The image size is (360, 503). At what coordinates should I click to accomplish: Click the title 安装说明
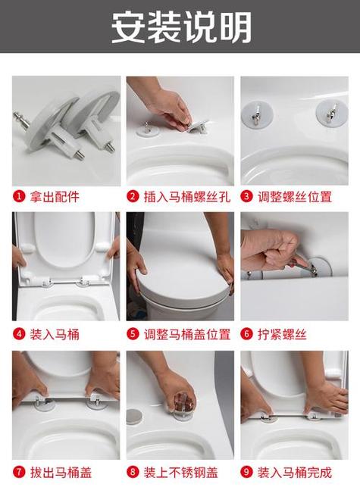(x=181, y=27)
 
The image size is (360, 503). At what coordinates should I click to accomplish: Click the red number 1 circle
(x=19, y=196)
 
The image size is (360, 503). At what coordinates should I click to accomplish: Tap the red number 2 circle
(x=133, y=196)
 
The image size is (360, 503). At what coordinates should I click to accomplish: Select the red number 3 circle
(x=247, y=196)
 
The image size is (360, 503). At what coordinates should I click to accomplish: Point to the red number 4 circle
(x=19, y=334)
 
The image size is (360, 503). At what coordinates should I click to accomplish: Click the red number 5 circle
(x=133, y=334)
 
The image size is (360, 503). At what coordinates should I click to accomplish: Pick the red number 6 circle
(x=247, y=334)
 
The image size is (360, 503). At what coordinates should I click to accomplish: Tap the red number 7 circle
(x=19, y=472)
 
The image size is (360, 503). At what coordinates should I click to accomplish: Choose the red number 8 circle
(x=133, y=472)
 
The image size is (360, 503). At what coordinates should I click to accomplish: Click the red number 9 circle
(x=247, y=472)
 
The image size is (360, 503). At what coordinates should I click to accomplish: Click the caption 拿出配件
(x=55, y=197)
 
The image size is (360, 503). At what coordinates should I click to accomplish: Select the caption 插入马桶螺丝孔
(x=187, y=197)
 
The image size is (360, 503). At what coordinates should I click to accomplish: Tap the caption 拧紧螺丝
(x=282, y=335)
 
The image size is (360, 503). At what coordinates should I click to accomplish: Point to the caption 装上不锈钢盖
(x=180, y=472)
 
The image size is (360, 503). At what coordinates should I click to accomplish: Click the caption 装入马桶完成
(x=295, y=472)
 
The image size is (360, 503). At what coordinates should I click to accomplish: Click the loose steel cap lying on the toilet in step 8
(x=134, y=417)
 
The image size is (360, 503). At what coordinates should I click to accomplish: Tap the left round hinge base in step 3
(x=257, y=114)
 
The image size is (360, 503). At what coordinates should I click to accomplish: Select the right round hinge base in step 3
(x=331, y=113)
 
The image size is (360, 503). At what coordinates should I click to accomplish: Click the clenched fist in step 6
(x=270, y=249)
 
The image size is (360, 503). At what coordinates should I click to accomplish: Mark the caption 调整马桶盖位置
(x=187, y=335)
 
